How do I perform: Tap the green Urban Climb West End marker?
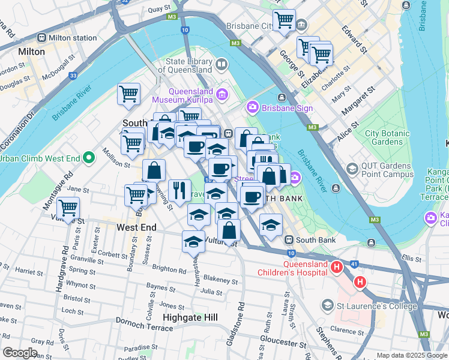point(89,158)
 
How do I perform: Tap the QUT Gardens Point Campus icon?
point(352,169)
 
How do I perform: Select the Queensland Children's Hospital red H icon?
point(337,266)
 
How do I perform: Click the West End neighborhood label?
point(136,227)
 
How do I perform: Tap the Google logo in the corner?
point(20,353)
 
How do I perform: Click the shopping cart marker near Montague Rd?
point(68,208)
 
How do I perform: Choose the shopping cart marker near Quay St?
point(284,19)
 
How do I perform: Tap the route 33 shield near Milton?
point(73,76)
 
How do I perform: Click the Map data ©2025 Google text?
point(411,355)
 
